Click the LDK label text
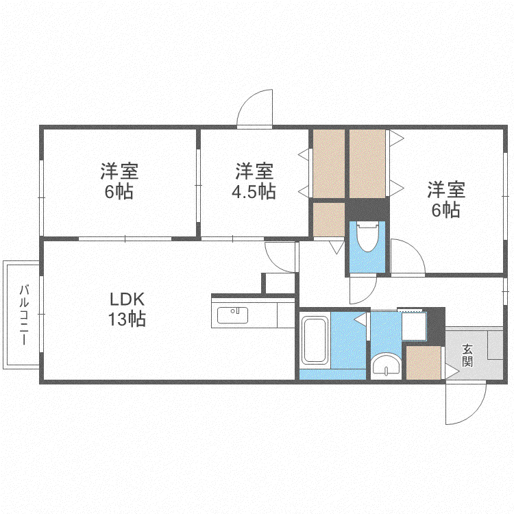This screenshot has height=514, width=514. coord(127,299)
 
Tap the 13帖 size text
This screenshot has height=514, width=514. coord(127,319)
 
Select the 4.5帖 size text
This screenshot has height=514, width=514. coord(254,191)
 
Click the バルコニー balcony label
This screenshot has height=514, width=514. coord(24,315)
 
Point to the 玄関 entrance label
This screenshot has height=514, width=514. coord(467,355)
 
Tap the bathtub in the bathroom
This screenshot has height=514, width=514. coord(315,340)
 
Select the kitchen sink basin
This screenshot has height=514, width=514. coord(232,315)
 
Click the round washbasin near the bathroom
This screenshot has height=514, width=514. coord(386,364)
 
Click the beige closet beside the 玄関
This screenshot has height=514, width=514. coord(424,363)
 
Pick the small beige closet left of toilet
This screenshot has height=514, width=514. coord(329,219)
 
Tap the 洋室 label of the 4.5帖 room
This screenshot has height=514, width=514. coord(254,171)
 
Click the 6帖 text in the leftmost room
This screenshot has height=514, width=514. coord(119,191)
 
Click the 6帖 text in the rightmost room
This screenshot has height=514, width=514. coord(445,210)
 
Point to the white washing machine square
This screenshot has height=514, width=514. coord(414,326)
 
